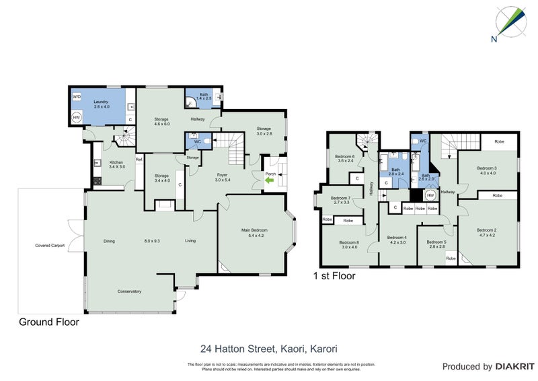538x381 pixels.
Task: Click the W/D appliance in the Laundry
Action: [x=77, y=96]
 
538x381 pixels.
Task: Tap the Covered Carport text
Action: [x=50, y=246]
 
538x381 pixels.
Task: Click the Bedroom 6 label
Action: [x=346, y=158]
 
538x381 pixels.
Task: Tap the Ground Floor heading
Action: [x=48, y=322]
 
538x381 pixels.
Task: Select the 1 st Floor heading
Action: [x=334, y=275]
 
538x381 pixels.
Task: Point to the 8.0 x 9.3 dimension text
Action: [x=153, y=241]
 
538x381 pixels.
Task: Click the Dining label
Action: [x=110, y=241]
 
